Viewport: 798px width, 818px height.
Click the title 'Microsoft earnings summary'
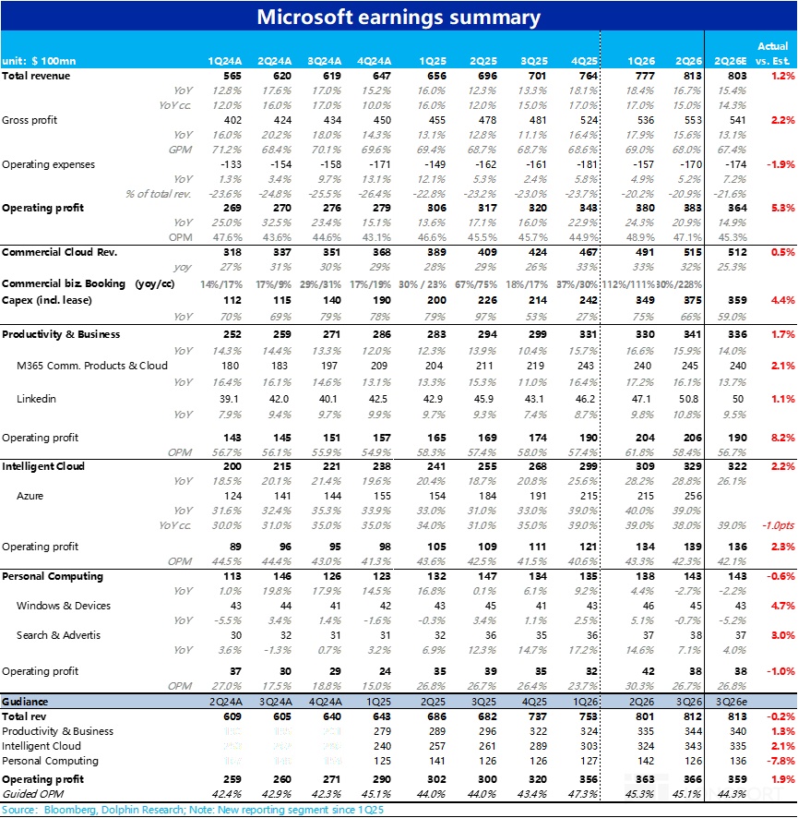399,18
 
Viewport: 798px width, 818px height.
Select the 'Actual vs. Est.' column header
772,54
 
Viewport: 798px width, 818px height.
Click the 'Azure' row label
30,497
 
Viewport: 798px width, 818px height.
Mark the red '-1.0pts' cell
774,525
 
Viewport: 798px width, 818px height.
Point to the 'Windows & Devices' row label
63,606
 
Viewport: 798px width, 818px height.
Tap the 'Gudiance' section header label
25,702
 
